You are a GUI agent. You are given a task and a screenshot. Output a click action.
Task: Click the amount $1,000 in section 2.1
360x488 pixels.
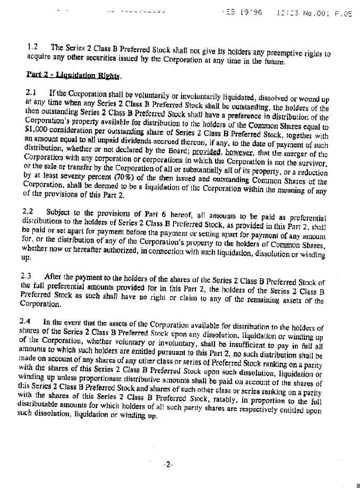coord(35,127)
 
